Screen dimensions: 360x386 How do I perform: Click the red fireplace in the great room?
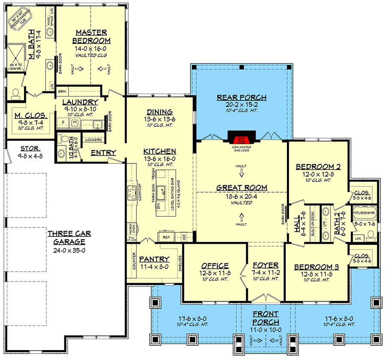241,139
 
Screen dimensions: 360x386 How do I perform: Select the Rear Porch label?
241,98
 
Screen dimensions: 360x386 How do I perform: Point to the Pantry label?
154,259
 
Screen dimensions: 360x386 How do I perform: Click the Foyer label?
266,266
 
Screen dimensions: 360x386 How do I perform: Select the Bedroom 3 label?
317,267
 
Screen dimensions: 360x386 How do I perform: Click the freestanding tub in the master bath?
24,21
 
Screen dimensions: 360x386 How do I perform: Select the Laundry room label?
80,102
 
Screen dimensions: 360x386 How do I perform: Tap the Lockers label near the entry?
93,140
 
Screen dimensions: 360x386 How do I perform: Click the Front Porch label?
265,318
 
